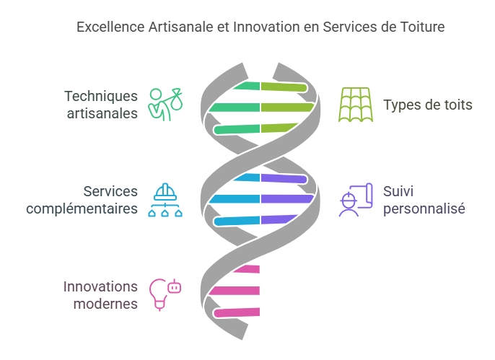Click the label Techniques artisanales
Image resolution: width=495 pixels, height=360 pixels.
click(x=100, y=105)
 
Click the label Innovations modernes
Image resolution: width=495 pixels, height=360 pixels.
click(x=100, y=294)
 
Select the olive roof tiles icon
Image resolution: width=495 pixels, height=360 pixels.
click(x=356, y=105)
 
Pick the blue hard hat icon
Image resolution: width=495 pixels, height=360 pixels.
click(x=165, y=200)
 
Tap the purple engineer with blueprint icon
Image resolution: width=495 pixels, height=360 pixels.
click(x=356, y=200)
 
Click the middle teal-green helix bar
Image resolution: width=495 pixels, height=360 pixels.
click(x=235, y=107)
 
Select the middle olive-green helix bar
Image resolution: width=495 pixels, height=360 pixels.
click(x=286, y=107)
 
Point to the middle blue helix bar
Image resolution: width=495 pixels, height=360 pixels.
click(x=235, y=198)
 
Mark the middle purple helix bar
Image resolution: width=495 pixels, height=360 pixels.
click(x=286, y=198)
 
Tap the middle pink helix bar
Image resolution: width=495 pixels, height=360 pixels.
click(x=235, y=291)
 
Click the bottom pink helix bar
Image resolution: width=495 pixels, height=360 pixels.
click(x=236, y=312)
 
